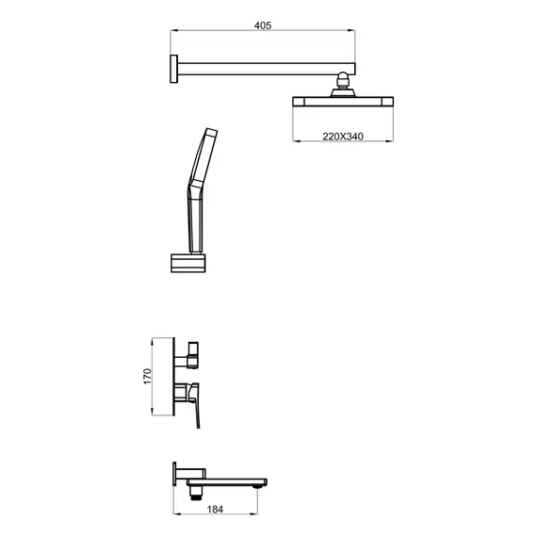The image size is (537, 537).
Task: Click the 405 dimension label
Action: click(263, 25)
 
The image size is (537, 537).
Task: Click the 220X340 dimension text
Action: click(343, 137)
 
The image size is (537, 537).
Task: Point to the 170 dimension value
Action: click(147, 376)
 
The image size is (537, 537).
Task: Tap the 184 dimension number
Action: click(215, 510)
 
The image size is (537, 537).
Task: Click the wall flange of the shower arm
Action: click(174, 69)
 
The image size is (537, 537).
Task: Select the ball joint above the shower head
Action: click(343, 80)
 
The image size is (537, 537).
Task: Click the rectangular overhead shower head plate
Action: click(343, 102)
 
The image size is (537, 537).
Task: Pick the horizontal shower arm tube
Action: click(267, 69)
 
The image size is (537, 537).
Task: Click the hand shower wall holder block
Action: click(188, 263)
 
